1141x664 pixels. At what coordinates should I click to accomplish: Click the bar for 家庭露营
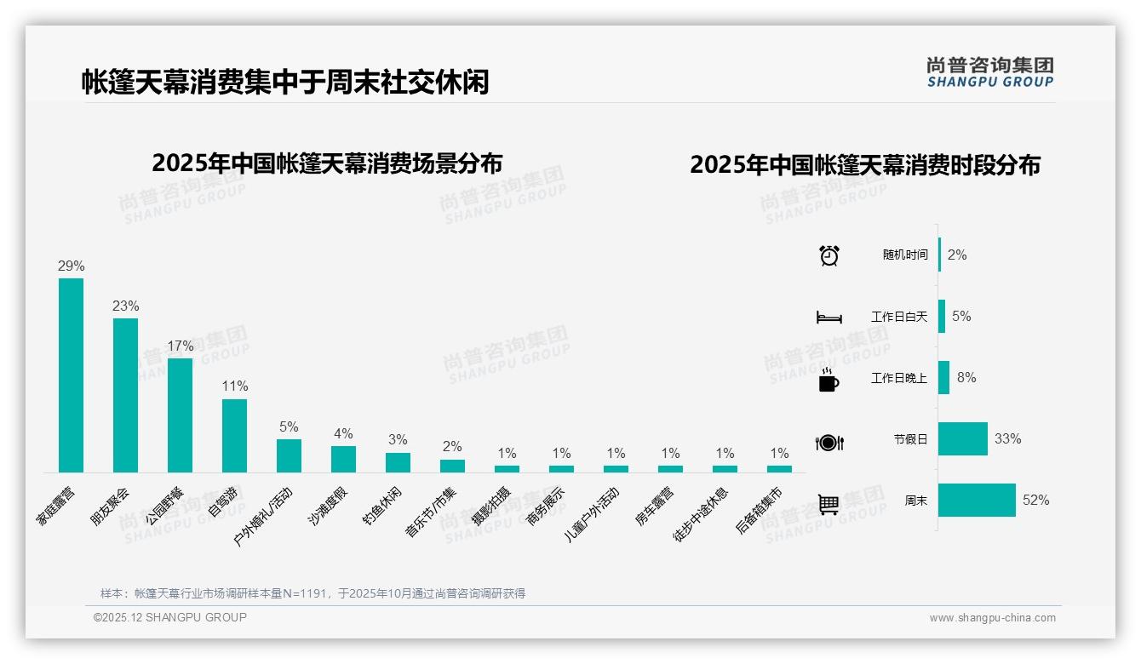(71, 375)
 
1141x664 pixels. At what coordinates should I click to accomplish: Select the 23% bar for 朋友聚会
(125, 395)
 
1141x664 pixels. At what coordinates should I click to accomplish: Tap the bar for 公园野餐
(180, 415)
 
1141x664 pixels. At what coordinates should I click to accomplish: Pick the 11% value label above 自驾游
(234, 386)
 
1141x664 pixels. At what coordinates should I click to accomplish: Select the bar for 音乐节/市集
(452, 466)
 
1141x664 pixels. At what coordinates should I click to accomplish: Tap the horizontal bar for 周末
(977, 501)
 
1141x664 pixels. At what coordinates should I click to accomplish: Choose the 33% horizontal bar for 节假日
(963, 439)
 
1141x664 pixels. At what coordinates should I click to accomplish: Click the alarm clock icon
(829, 255)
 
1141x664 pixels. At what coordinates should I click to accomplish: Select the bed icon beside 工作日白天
(829, 318)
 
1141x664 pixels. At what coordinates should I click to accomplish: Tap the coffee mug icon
(829, 380)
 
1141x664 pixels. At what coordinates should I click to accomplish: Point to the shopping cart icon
(829, 504)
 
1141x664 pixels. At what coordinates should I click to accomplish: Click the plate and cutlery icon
(829, 442)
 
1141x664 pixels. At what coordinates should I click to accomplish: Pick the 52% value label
(1036, 501)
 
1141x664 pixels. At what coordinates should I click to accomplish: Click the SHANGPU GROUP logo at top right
(989, 72)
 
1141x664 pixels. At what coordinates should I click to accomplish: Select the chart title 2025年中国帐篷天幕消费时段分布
(865, 165)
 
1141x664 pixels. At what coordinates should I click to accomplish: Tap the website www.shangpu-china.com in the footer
(992, 618)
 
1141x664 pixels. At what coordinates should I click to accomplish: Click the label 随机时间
(905, 255)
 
